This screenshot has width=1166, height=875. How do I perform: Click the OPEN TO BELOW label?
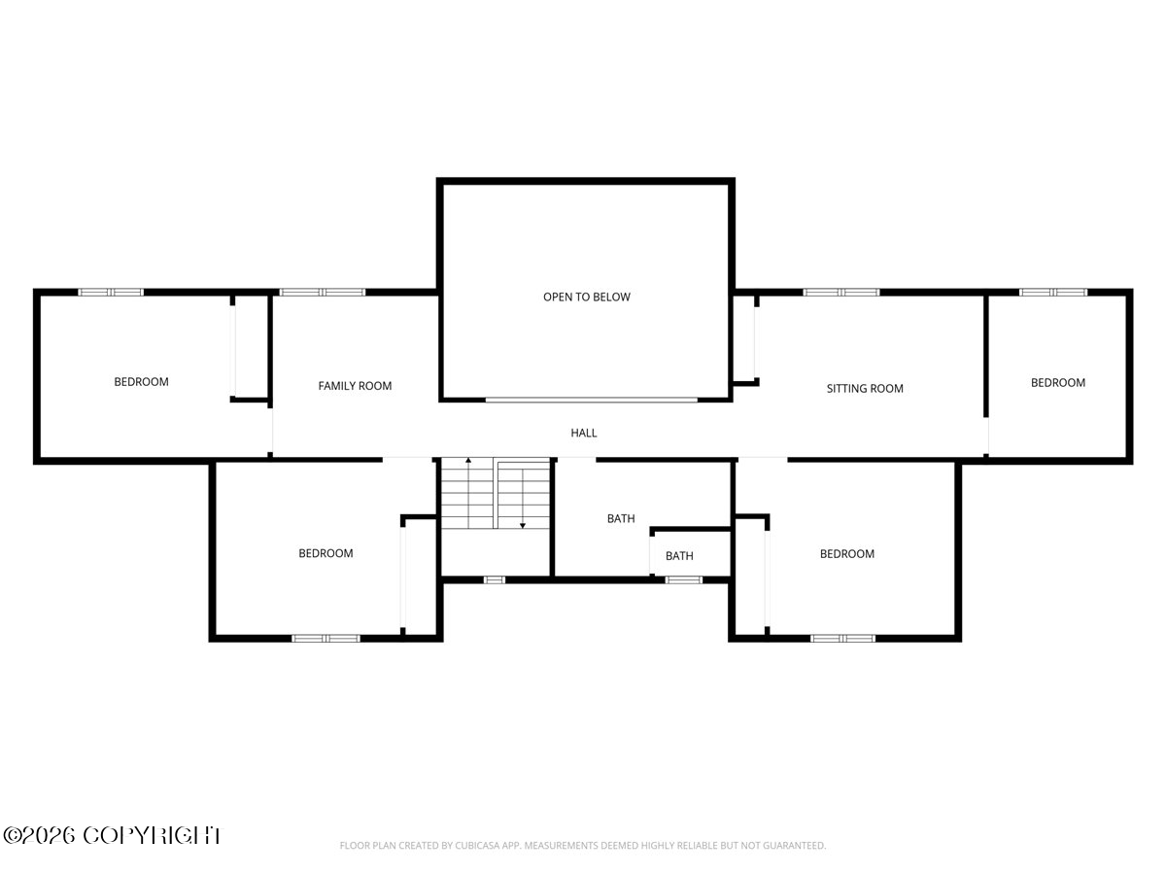click(587, 297)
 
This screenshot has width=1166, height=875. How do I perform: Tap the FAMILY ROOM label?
click(355, 386)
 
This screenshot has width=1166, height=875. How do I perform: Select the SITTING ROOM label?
click(865, 388)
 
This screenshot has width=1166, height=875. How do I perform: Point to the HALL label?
click(584, 433)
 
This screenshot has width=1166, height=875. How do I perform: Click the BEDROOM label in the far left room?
click(141, 381)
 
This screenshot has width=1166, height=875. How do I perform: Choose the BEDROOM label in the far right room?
click(1058, 382)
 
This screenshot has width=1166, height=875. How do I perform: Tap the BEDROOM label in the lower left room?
click(326, 553)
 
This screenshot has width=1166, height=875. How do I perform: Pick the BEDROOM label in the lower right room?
click(847, 553)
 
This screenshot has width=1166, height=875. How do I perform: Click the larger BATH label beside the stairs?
click(621, 518)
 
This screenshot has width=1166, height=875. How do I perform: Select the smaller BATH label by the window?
click(679, 556)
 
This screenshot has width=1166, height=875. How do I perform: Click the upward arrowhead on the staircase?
click(468, 460)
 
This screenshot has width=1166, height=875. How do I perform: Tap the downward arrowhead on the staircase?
click(523, 525)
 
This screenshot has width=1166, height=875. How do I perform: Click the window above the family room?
click(323, 293)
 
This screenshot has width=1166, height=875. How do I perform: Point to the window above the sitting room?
click(840, 293)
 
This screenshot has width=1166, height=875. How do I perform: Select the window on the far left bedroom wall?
click(111, 293)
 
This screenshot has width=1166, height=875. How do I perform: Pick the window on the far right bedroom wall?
click(1053, 293)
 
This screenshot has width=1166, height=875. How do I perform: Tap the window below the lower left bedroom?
click(326, 638)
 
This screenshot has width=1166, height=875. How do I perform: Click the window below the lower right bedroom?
click(842, 638)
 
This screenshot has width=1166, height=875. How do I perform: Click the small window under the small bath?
click(684, 580)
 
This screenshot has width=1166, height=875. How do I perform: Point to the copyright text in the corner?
click(112, 836)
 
